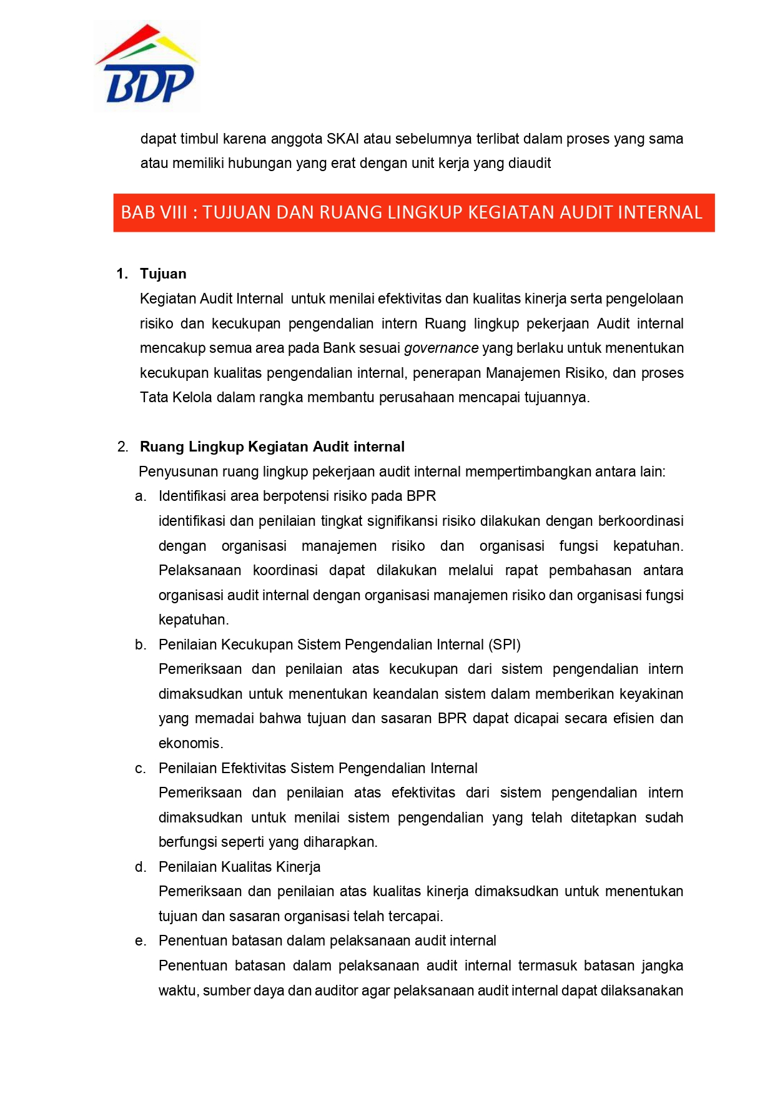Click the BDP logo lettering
pyautogui.click(x=150, y=84)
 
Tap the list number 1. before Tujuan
pyautogui.click(x=122, y=274)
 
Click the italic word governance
pyautogui.click(x=441, y=348)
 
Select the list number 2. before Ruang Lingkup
pyautogui.click(x=122, y=447)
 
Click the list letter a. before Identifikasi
pyautogui.click(x=141, y=496)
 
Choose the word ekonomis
pyautogui.click(x=190, y=743)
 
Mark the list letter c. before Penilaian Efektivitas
pyautogui.click(x=141, y=768)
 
